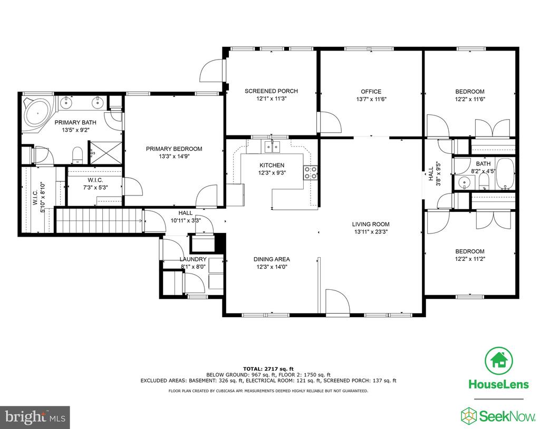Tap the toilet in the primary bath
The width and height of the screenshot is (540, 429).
click(x=78, y=155)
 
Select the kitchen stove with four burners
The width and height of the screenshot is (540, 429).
click(x=310, y=172)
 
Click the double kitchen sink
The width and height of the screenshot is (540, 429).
click(x=272, y=147)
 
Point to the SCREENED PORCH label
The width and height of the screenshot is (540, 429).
click(x=271, y=91)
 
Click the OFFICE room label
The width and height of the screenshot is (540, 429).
click(x=371, y=92)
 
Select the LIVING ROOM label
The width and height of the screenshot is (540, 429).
click(x=371, y=224)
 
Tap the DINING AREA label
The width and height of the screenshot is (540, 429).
click(x=272, y=259)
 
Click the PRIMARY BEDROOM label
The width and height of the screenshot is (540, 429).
click(x=174, y=149)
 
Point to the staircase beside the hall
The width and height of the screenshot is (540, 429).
click(x=99, y=221)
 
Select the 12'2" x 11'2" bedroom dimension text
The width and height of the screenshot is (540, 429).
click(x=470, y=259)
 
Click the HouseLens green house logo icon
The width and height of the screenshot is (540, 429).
click(x=499, y=361)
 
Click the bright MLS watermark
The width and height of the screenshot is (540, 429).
click(x=35, y=417)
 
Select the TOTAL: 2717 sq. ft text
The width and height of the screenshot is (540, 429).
click(x=268, y=369)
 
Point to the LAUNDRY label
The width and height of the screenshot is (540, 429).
click(x=193, y=259)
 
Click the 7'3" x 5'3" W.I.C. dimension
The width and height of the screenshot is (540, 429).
click(x=95, y=188)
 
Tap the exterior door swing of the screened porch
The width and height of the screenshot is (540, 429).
click(x=212, y=71)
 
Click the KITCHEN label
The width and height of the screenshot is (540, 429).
click(x=272, y=165)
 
